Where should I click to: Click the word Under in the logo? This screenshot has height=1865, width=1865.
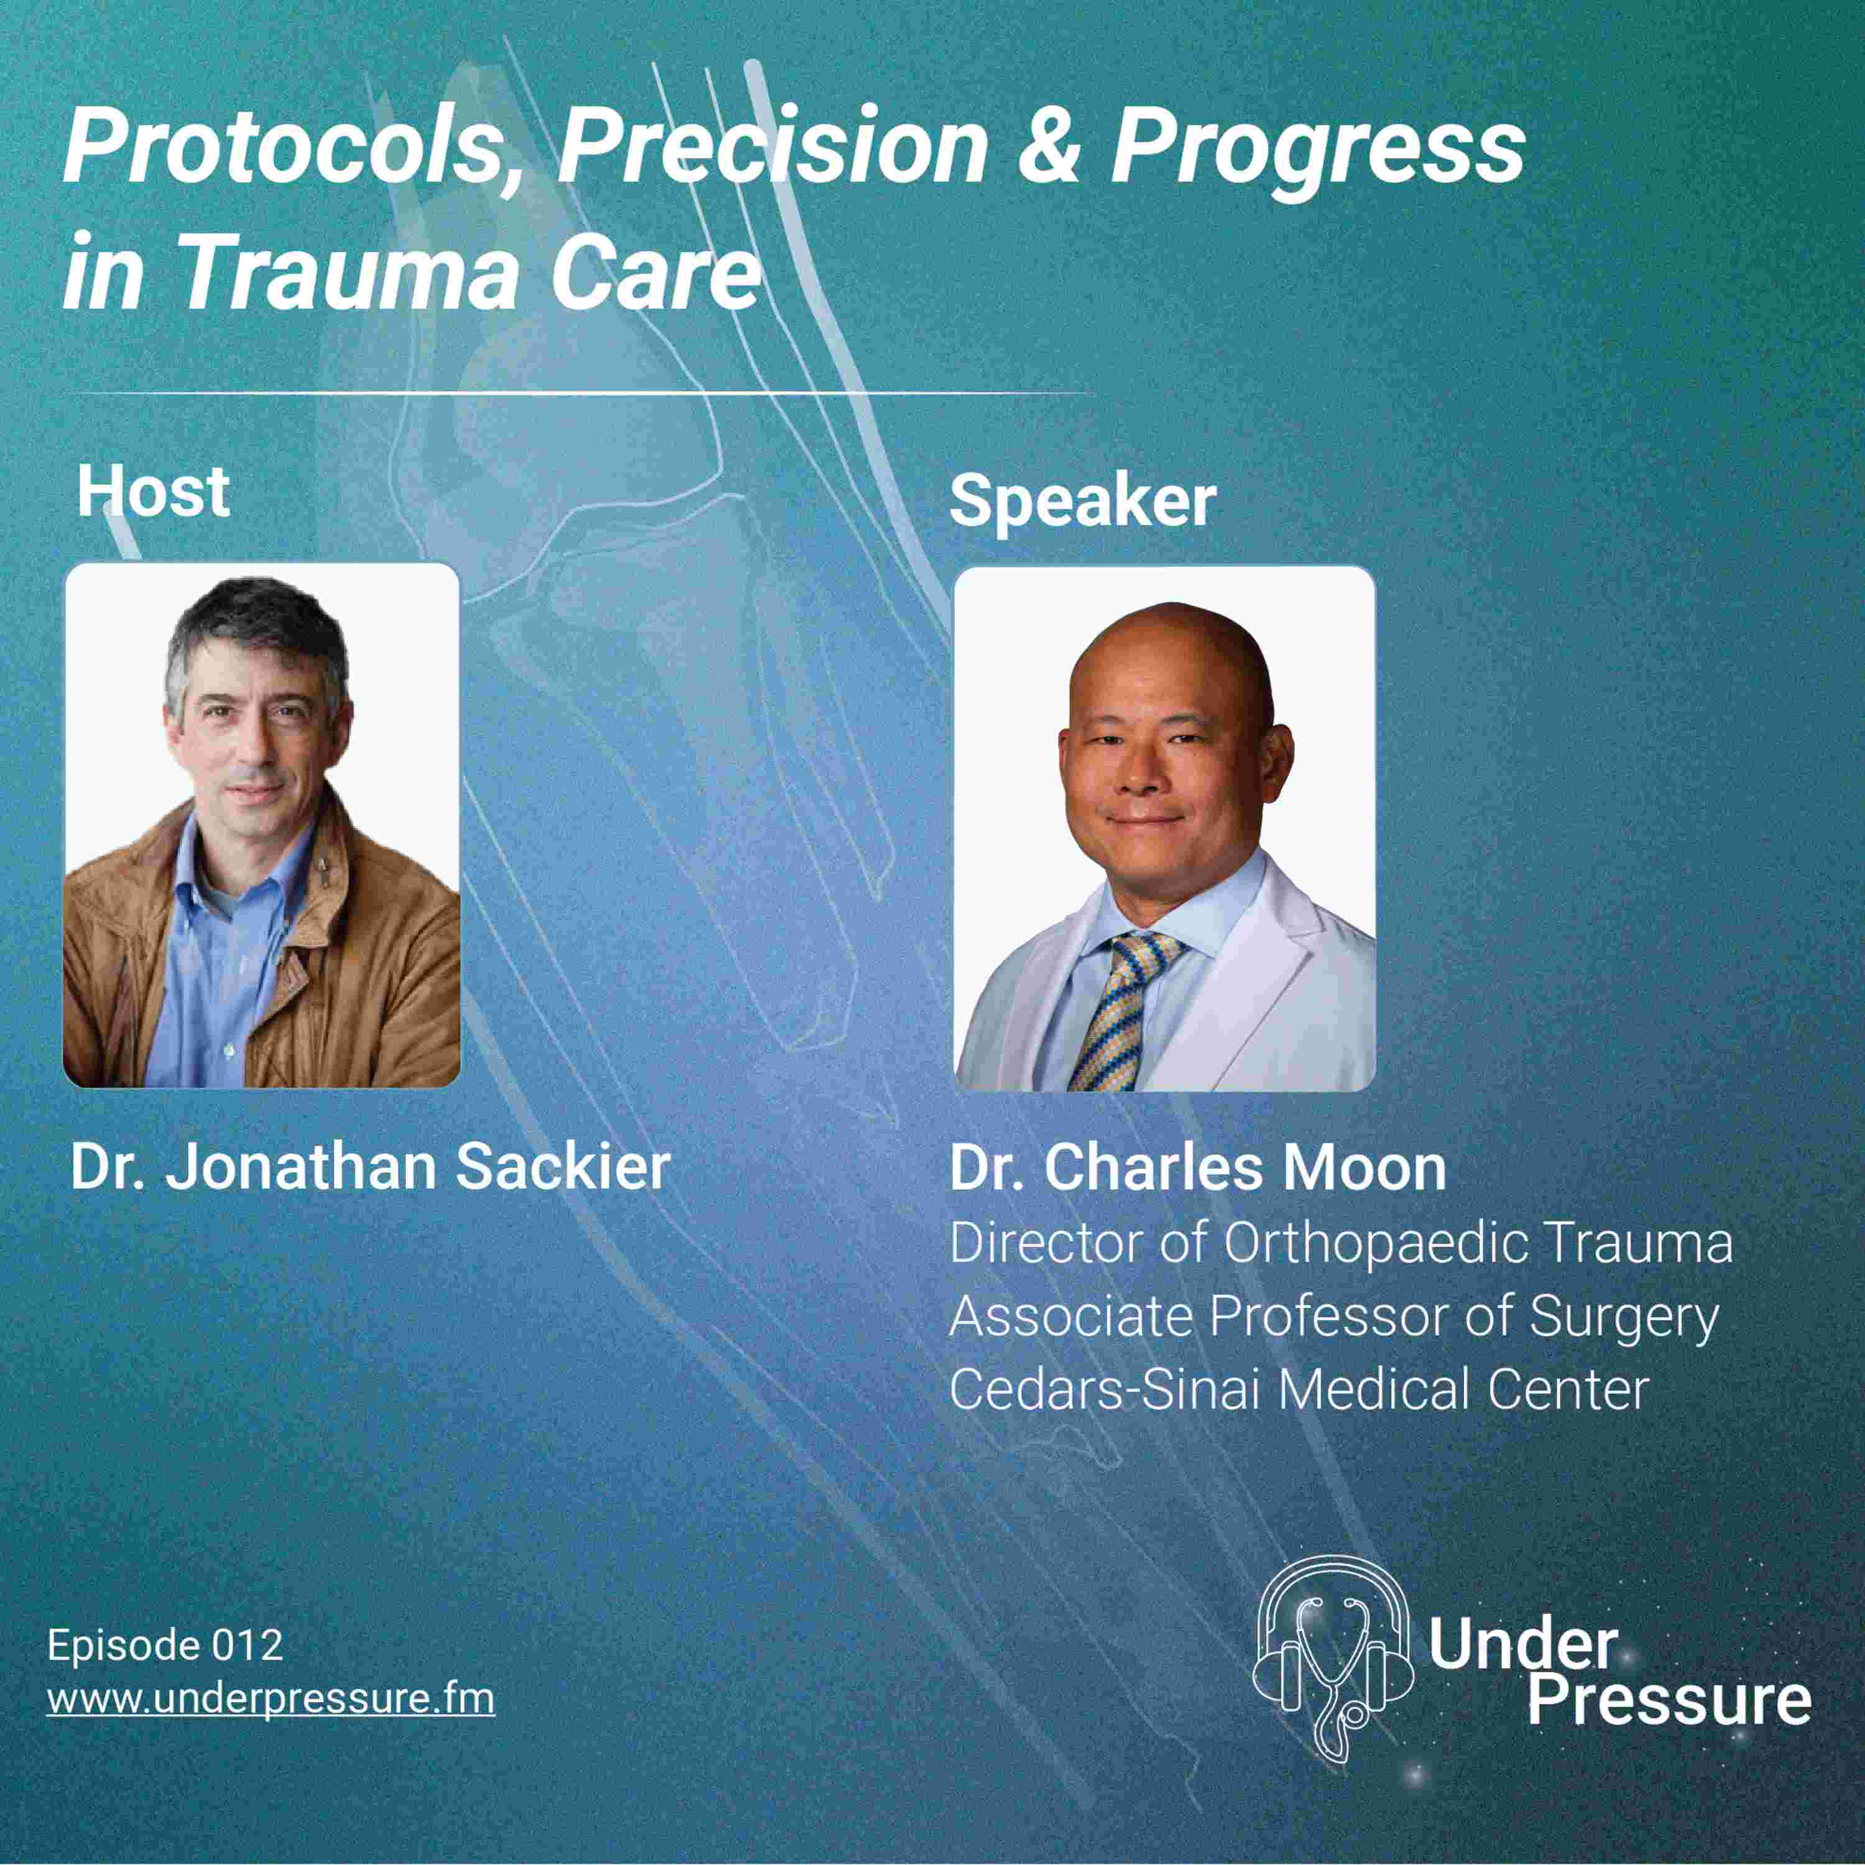click(1523, 1646)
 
